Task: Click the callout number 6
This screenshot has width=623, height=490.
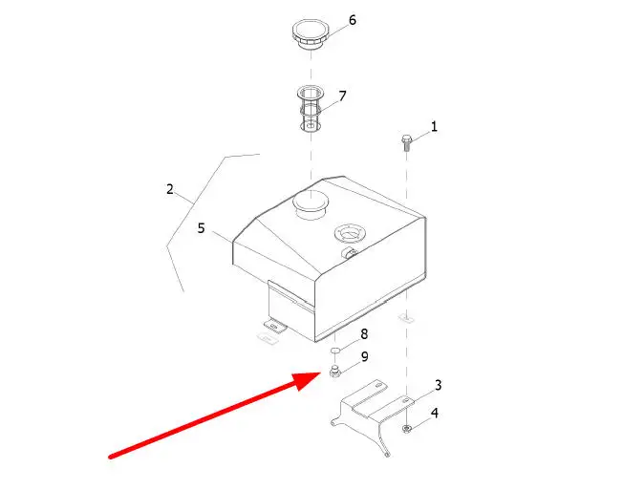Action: pos(353,20)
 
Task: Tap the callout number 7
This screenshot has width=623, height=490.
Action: pos(342,96)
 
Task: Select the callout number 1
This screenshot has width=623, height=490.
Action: pos(434,127)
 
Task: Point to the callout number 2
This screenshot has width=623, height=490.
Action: pos(170,189)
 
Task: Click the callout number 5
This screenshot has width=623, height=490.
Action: pos(202,228)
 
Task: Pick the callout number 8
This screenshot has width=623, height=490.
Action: pos(364,334)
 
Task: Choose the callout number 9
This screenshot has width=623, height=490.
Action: pos(364,356)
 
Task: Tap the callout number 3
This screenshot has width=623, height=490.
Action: pos(438,385)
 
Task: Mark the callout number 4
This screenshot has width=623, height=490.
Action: pos(435,413)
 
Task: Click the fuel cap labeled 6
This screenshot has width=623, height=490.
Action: pos(311,35)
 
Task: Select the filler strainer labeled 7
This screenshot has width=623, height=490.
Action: pos(310,109)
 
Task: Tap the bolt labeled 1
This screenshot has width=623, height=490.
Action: pos(406,143)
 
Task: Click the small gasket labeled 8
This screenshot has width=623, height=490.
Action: pos(335,351)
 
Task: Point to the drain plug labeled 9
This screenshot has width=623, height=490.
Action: pos(335,371)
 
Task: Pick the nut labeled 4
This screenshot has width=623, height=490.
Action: pos(406,429)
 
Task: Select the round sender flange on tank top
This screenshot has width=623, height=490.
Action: pos(350,232)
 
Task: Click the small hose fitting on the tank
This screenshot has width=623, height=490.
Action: pos(351,252)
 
